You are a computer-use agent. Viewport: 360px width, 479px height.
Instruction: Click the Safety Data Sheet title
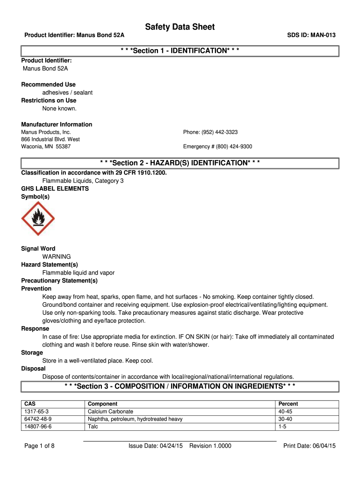click(180, 27)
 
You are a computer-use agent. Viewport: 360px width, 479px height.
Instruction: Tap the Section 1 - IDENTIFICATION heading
click(180, 51)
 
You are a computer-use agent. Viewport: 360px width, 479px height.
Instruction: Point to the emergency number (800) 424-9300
click(217, 146)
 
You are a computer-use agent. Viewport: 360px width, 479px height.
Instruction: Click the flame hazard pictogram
click(38, 218)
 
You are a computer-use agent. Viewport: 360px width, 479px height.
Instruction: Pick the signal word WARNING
click(57, 257)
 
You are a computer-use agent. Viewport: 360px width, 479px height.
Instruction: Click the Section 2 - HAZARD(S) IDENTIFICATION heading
click(180, 163)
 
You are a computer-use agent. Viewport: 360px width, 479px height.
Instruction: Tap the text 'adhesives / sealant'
click(67, 93)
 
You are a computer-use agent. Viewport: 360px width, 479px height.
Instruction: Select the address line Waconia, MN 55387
click(46, 146)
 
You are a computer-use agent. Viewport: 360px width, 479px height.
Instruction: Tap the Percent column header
click(288, 404)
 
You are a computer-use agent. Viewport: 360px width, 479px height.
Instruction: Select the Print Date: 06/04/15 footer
click(310, 446)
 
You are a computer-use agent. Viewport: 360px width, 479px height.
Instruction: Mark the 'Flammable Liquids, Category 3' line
click(83, 181)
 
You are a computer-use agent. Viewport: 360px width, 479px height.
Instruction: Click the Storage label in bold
click(32, 353)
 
